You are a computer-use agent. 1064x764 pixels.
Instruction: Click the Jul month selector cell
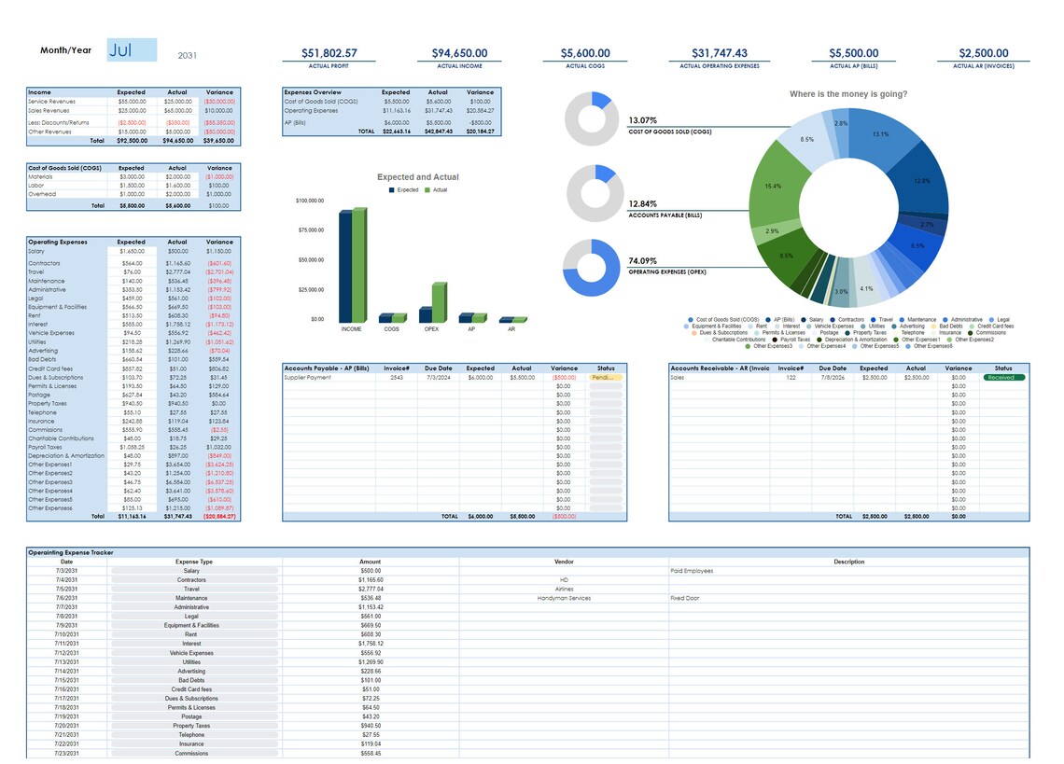[132, 50]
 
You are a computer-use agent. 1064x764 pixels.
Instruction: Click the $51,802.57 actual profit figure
[329, 53]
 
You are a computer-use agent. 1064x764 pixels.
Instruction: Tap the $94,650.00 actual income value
[458, 53]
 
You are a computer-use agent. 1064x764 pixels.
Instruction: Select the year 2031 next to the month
[188, 55]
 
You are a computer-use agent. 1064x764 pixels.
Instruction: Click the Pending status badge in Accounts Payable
[606, 377]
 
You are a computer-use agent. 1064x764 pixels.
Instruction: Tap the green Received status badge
[1003, 377]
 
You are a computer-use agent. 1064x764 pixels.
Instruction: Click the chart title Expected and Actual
[417, 177]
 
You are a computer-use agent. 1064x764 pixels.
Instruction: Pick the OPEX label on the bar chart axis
[431, 329]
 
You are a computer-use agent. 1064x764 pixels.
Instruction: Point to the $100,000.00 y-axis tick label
[310, 201]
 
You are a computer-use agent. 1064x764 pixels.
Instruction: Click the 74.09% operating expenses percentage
[643, 260]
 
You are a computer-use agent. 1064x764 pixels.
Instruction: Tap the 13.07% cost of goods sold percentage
[643, 120]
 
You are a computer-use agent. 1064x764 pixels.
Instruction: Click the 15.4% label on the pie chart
[773, 186]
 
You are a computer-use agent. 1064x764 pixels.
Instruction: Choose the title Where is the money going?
[847, 94]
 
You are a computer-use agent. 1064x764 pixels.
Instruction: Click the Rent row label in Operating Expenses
[35, 315]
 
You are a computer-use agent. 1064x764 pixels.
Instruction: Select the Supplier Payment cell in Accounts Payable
[307, 377]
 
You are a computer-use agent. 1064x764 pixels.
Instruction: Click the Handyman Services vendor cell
[564, 598]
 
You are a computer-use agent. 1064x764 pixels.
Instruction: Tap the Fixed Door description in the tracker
[685, 598]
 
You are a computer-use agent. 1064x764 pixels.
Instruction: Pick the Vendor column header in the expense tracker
[564, 562]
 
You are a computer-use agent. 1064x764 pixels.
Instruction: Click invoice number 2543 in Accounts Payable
[397, 377]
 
